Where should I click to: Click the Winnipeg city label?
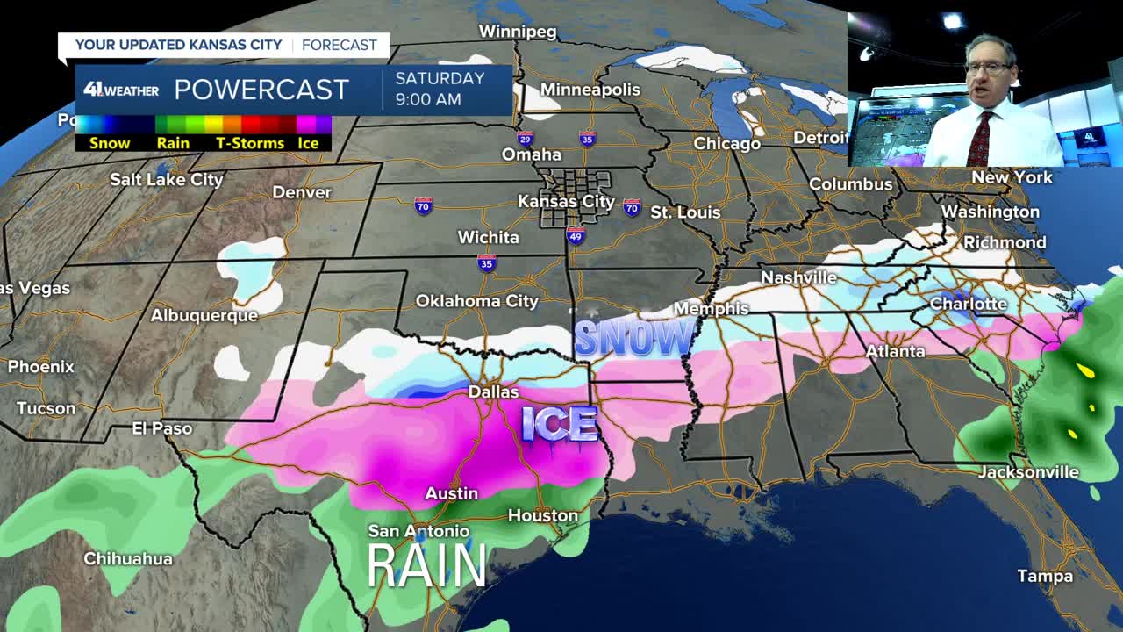(x=518, y=32)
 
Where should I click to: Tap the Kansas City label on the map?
(x=566, y=201)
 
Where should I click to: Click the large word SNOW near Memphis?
(x=633, y=339)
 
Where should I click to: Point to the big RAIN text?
(x=426, y=565)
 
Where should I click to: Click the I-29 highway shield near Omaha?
(x=526, y=139)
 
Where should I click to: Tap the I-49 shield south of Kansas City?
(x=576, y=234)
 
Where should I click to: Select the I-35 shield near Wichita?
(x=487, y=262)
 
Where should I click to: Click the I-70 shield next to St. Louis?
(x=632, y=207)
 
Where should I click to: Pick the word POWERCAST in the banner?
(x=261, y=90)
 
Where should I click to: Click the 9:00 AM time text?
(x=428, y=99)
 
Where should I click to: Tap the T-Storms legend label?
(x=250, y=143)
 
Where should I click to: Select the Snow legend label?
(x=110, y=143)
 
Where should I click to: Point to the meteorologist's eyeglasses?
(x=988, y=67)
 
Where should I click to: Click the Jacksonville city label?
(x=1028, y=472)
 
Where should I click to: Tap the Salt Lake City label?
(x=167, y=179)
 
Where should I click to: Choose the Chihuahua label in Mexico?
(x=128, y=559)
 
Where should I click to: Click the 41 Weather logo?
(x=121, y=90)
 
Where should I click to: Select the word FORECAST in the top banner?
(x=340, y=45)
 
